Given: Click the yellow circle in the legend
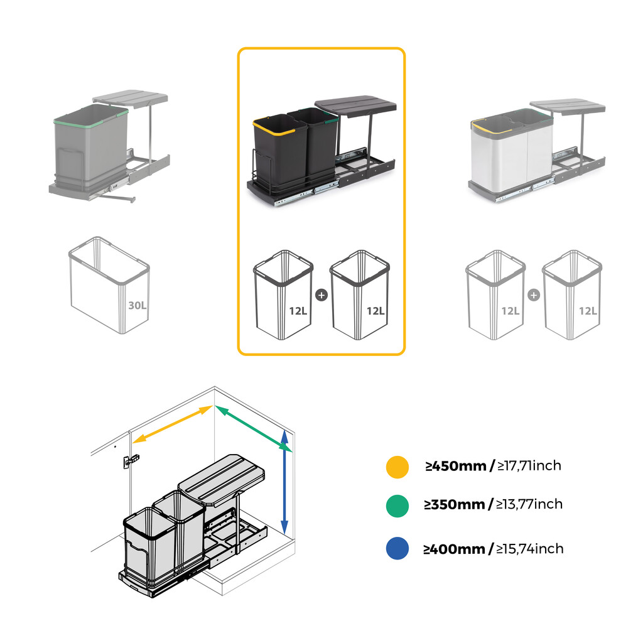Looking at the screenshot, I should click(397, 467).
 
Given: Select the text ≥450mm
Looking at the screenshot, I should click(455, 466).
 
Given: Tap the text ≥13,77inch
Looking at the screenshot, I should click(530, 504).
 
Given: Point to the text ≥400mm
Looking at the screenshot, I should click(454, 549).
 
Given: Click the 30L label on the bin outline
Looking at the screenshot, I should click(137, 305).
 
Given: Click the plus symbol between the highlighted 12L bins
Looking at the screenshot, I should click(321, 294).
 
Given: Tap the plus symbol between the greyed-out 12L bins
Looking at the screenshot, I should click(534, 294).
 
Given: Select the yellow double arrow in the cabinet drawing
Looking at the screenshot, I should click(173, 425).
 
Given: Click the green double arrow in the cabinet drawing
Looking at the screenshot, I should click(254, 428).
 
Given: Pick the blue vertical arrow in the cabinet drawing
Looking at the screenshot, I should click(284, 480).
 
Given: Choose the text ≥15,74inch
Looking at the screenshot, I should click(530, 549).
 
